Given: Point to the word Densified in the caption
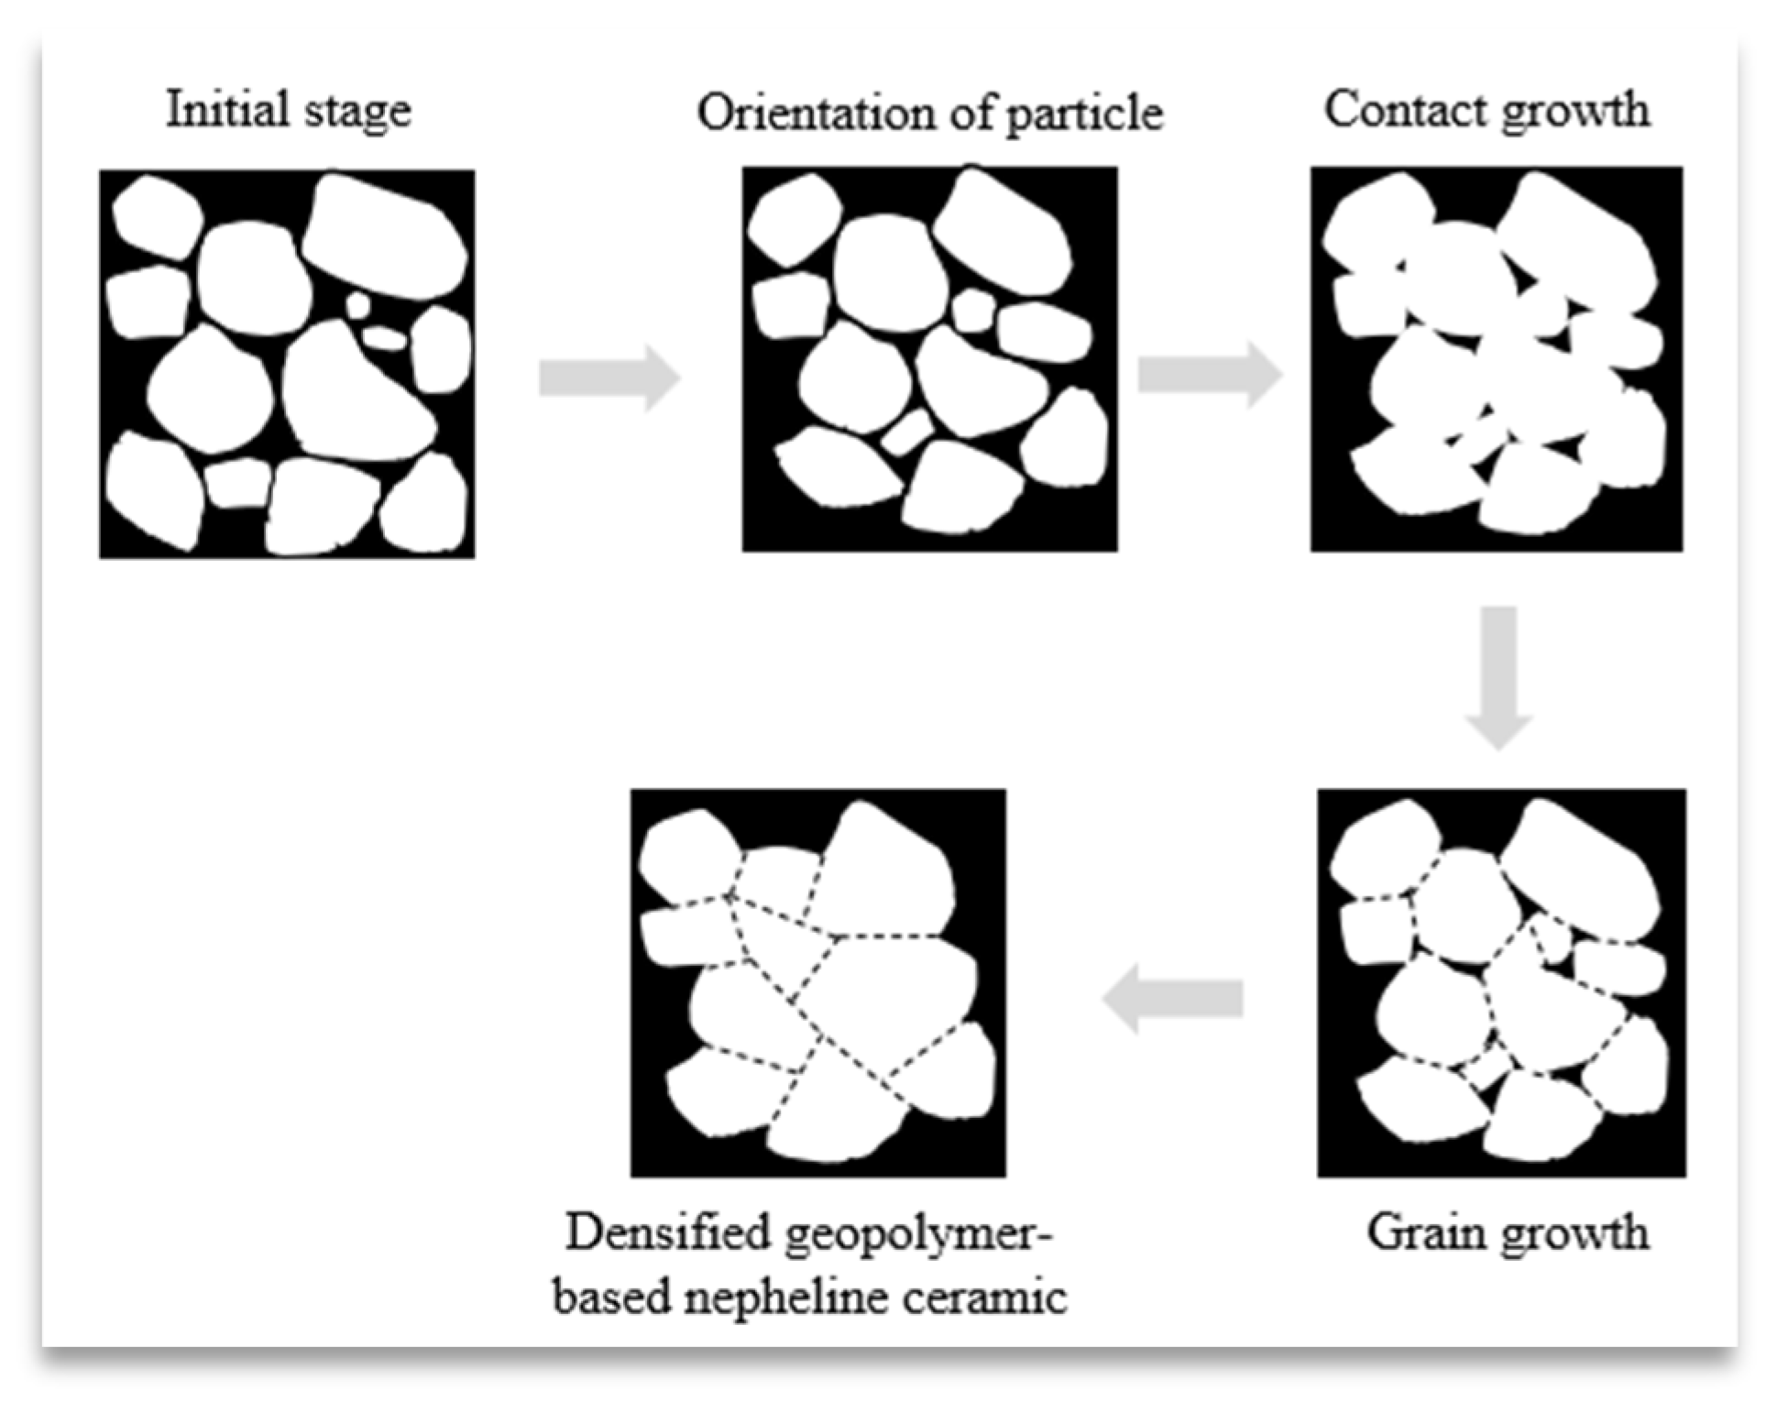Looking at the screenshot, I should click(x=667, y=1232).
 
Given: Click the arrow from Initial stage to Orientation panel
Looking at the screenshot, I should click(x=609, y=378).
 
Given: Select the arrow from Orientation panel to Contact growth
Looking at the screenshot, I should click(x=1209, y=374).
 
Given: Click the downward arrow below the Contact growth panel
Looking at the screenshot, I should click(x=1498, y=676).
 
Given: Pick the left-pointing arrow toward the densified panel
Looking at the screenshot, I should click(x=1173, y=998).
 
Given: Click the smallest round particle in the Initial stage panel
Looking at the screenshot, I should click(x=357, y=305).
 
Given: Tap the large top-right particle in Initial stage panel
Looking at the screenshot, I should click(x=385, y=236).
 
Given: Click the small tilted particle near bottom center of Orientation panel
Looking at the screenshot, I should click(x=906, y=432).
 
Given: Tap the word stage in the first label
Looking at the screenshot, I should click(x=358, y=112).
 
